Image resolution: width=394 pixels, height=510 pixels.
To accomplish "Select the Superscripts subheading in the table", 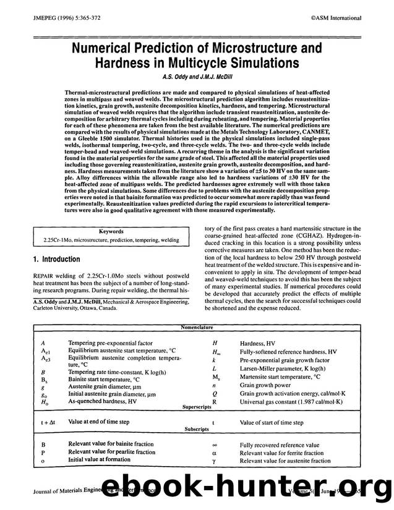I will pos(196,409).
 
